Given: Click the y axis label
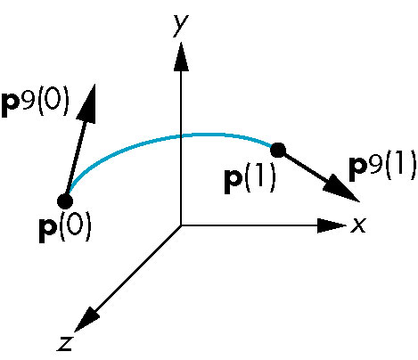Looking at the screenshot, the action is coord(181,25).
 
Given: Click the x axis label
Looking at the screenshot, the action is coord(358,225).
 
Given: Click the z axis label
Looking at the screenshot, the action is coord(65,343).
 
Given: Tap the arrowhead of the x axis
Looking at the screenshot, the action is coord(332,225).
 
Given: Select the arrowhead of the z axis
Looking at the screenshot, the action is coord(86,319).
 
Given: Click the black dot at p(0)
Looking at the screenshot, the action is coord(65,201).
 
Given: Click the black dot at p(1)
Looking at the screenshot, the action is coord(278,151).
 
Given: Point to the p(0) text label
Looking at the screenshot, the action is coord(65,227).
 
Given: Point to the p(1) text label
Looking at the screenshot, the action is coord(250,179).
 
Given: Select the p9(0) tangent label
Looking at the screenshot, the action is coord(35,102).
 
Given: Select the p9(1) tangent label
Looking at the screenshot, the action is coord(382,166).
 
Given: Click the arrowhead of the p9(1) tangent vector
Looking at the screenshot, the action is coord(341,189).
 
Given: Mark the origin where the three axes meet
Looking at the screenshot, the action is coord(181,225).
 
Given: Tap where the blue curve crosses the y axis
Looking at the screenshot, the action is coord(181,136).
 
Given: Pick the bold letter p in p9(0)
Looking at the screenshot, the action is coord(11,106).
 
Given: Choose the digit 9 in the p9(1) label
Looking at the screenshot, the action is coord(375,162).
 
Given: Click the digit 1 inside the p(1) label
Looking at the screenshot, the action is coord(260,177).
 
